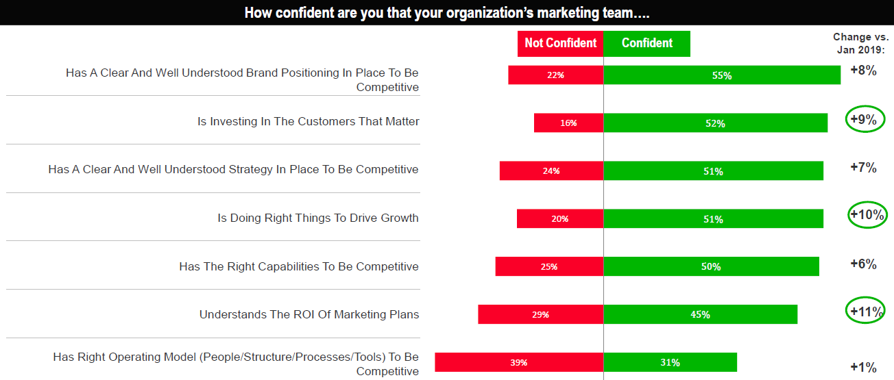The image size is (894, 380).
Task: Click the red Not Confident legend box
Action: pyautogui.click(x=560, y=43)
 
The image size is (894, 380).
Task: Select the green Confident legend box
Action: pyautogui.click(x=647, y=43)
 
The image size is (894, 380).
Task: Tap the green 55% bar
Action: pyautogui.click(x=722, y=75)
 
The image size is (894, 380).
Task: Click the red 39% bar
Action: pyautogui.click(x=519, y=362)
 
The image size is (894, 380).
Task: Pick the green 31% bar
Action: pyautogui.click(x=670, y=362)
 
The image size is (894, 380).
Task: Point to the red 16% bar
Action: pyautogui.click(x=568, y=123)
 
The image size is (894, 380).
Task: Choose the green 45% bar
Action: pyautogui.click(x=700, y=314)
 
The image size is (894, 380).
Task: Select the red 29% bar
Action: pyautogui.click(x=540, y=314)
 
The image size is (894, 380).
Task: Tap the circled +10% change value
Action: pyautogui.click(x=867, y=214)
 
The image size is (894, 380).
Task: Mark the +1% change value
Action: pyautogui.click(x=863, y=368)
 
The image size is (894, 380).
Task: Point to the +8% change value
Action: pyautogui.click(x=863, y=70)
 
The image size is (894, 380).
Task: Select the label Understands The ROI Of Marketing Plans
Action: pyautogui.click(x=309, y=315)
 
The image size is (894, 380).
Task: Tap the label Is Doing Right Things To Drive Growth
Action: pyautogui.click(x=318, y=218)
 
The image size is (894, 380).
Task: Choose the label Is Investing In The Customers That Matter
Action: pyautogui.click(x=309, y=122)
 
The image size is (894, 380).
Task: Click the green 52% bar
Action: pyautogui.click(x=715, y=123)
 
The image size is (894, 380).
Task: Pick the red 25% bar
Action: pyautogui.click(x=549, y=266)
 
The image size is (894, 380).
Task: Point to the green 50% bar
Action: pyautogui.click(x=711, y=266)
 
